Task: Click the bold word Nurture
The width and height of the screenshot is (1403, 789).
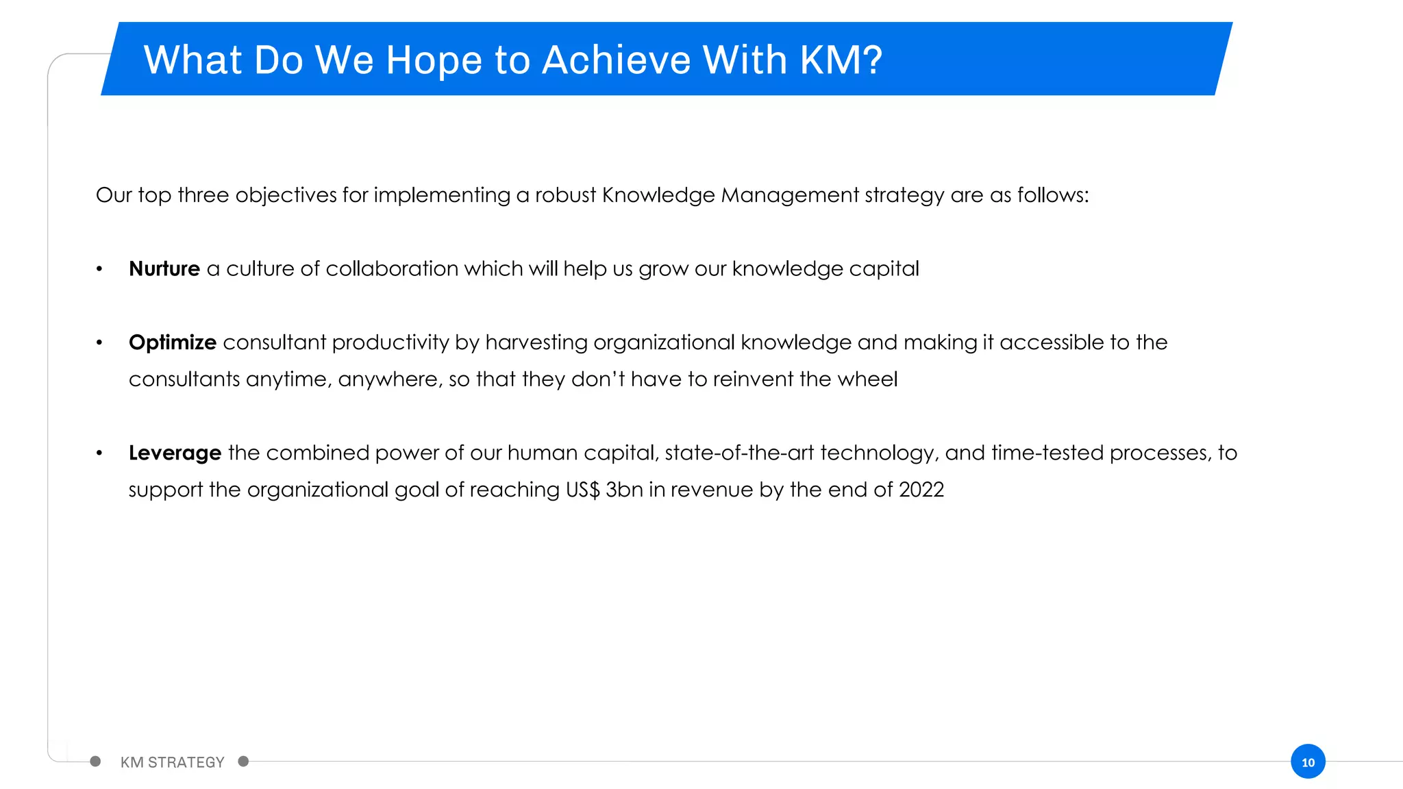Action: [164, 268]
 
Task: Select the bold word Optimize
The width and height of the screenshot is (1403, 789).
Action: [172, 342]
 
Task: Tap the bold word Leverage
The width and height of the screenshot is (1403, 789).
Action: [175, 453]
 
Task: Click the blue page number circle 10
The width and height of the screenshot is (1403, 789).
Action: [1308, 762]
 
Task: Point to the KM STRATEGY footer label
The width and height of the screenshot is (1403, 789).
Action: [172, 762]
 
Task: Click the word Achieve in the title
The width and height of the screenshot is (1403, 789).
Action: [616, 60]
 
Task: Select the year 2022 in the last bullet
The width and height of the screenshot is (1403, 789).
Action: [921, 490]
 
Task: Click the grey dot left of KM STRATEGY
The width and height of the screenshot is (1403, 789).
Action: [95, 762]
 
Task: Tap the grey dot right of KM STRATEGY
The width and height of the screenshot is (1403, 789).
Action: [243, 762]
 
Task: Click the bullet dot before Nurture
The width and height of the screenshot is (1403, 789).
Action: [99, 269]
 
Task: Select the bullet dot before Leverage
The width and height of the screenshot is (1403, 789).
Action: [99, 453]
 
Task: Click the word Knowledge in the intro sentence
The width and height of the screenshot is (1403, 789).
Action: [658, 195]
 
